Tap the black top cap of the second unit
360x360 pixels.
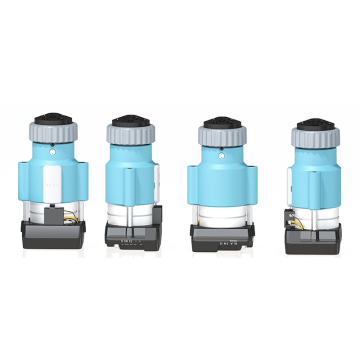click(x=130, y=120)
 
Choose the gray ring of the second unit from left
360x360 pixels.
click(x=130, y=133)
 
